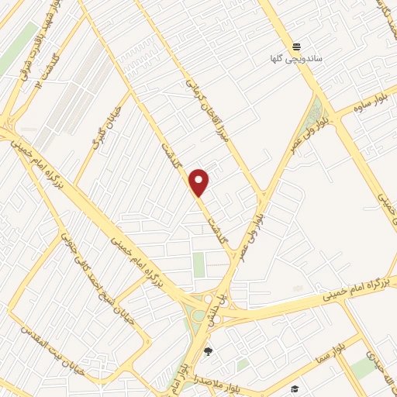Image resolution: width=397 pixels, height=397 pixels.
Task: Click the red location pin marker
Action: pyautogui.click(x=199, y=181)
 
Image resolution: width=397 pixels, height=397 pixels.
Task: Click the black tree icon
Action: pyautogui.click(x=207, y=353)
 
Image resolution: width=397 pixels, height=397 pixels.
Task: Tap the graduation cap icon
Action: pyautogui.click(x=295, y=388)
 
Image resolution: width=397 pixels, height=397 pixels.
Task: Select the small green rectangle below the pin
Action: pyautogui.click(x=199, y=264)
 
